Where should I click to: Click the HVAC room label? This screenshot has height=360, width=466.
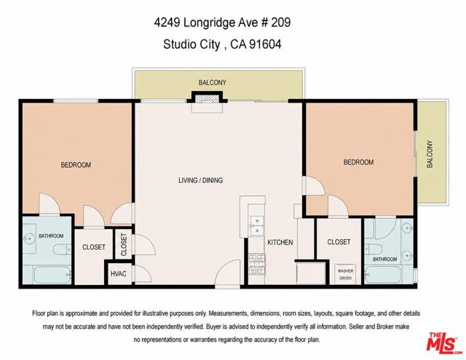coord(118,274)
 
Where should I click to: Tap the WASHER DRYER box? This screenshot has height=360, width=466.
coord(345,274)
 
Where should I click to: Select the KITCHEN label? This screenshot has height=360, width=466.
coord(280,243)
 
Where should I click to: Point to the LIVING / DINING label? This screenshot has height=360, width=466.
coord(201,180)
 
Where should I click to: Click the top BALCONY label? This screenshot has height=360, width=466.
coord(213,82)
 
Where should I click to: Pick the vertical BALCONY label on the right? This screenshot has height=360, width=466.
coord(430,154)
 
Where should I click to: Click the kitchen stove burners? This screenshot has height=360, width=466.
coord(257,265)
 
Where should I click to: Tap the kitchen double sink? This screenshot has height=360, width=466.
coord(257,226)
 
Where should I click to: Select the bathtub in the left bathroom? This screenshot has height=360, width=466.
coord(52,275)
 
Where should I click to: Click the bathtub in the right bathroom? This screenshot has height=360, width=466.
coord(383,274)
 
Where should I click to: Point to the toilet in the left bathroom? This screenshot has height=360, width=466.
coord(62,249)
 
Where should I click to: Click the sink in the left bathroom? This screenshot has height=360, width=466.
coord(29,238)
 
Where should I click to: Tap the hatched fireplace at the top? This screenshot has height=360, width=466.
coord(207,99)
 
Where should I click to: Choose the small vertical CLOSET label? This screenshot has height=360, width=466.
coord(124,245)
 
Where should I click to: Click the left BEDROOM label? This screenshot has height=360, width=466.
coord(76,165)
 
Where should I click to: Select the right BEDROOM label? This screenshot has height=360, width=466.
coord(358,163)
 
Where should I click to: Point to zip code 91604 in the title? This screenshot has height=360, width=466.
coord(265,44)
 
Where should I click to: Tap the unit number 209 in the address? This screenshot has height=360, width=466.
coord(280,23)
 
